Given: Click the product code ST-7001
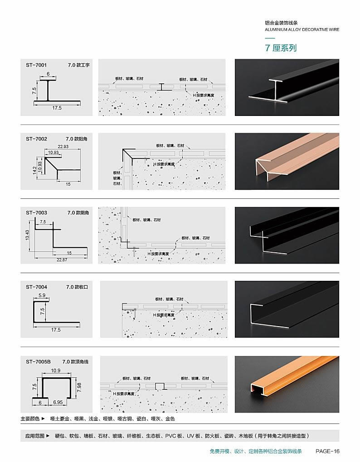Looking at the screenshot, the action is [36, 65].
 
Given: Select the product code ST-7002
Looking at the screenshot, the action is [36, 139].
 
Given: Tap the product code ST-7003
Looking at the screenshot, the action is [36, 213].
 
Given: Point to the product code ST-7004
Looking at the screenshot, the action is [36, 287].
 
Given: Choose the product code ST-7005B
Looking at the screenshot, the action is [39, 361].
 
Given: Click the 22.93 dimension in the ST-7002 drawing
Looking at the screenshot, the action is [63, 146].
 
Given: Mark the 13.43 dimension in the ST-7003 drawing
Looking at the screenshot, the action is [27, 235].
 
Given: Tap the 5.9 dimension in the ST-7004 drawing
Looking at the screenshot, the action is [42, 295].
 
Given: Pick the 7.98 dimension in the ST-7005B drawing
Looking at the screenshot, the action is [79, 387].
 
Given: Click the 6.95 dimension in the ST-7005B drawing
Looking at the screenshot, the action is [58, 402].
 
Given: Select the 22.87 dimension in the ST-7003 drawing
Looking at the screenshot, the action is [62, 260].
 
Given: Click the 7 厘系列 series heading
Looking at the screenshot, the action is [281, 48].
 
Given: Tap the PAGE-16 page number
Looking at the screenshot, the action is [327, 451].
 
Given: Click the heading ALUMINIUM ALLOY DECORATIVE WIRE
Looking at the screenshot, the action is [302, 29].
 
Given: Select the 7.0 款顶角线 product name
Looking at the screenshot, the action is [75, 361].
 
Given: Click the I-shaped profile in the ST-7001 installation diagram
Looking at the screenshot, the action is [161, 87].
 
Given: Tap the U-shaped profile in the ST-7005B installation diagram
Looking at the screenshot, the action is [160, 386].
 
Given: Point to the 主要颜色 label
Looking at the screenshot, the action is [30, 419].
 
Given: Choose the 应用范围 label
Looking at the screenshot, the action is [35, 436].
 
